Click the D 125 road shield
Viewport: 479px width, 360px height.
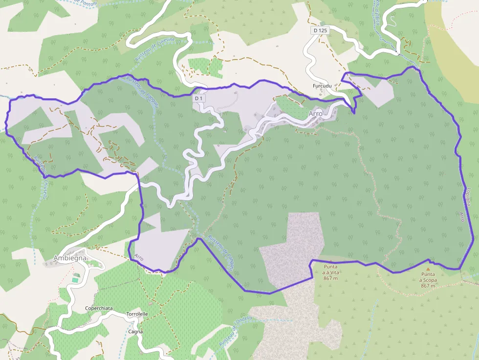click(320, 30)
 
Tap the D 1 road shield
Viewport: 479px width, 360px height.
click(198, 98)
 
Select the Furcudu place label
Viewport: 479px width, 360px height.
click(322, 86)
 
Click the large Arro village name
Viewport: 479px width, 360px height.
click(315, 113)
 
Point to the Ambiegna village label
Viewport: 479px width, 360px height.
click(69, 257)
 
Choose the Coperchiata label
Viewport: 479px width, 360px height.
click(99, 309)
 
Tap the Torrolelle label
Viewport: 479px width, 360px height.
click(137, 314)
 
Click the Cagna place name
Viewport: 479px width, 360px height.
click(135, 332)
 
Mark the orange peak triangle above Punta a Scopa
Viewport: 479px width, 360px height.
click(428, 269)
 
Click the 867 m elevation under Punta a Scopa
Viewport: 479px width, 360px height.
click(428, 286)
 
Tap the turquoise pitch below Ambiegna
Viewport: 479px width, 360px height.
click(75, 280)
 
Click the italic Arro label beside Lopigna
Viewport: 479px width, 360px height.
click(461, 217)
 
